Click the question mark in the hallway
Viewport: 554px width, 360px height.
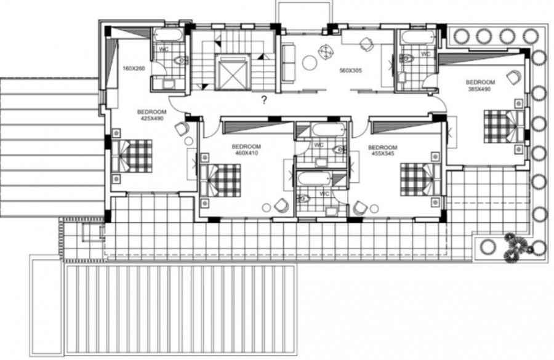263,100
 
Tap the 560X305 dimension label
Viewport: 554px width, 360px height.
351,71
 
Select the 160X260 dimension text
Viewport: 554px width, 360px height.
134,68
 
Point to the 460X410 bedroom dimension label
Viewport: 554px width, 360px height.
246,150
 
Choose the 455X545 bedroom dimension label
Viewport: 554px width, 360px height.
382,151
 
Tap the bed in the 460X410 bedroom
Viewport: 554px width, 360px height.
220,181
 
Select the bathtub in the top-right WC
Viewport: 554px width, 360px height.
416,36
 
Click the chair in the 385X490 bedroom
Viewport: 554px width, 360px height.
513,76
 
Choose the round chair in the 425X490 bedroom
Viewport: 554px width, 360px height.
182,129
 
